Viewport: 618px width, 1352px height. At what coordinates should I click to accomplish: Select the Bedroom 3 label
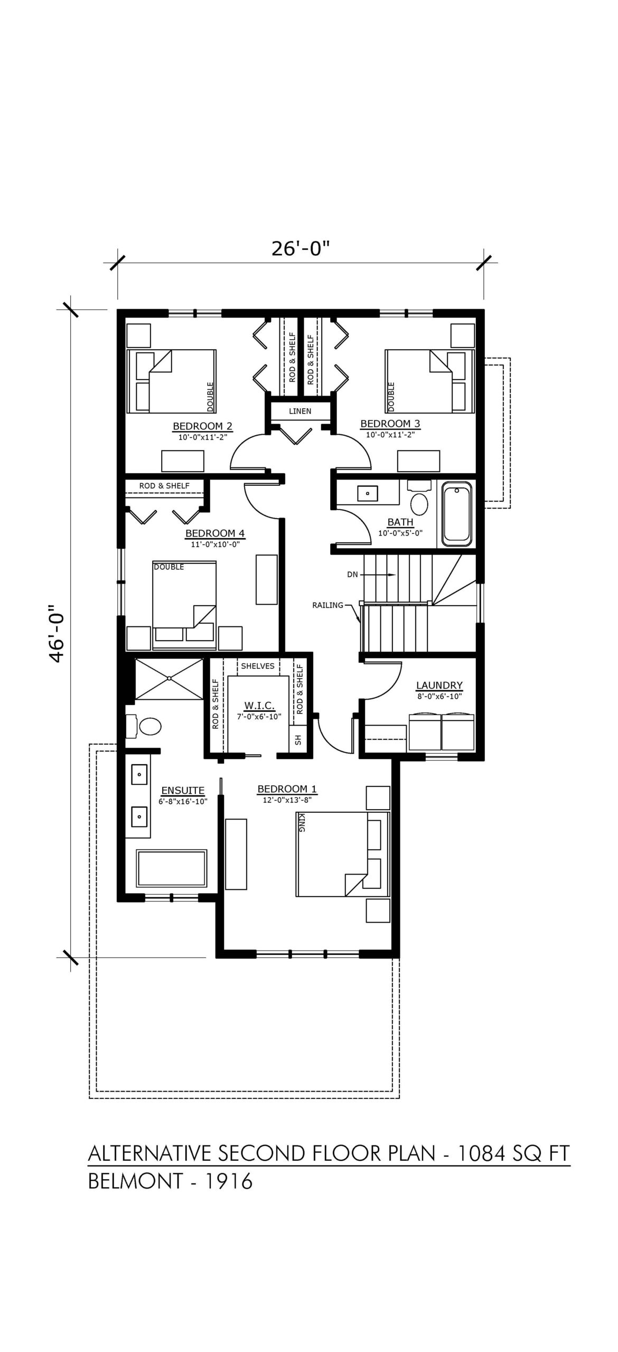click(390, 424)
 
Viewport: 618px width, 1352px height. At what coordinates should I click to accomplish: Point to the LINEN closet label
click(300, 411)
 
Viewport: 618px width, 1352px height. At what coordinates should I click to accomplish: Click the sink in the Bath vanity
click(367, 493)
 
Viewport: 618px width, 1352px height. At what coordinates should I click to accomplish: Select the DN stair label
click(353, 575)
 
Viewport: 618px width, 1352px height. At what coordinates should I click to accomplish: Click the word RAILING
click(328, 605)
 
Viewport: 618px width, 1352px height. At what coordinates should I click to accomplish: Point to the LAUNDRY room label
click(439, 686)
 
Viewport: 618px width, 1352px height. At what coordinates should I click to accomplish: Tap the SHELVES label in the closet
click(258, 666)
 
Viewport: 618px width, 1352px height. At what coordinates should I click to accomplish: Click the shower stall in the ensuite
click(169, 678)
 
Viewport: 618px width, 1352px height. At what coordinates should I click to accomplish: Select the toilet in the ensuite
click(146, 727)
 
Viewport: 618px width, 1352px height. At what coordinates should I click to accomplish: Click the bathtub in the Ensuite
click(172, 869)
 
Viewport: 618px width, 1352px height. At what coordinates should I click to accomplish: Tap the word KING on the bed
click(302, 823)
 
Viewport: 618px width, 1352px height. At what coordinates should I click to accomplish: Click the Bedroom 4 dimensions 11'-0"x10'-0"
click(215, 544)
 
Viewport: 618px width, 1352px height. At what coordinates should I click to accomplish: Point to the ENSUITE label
click(183, 791)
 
